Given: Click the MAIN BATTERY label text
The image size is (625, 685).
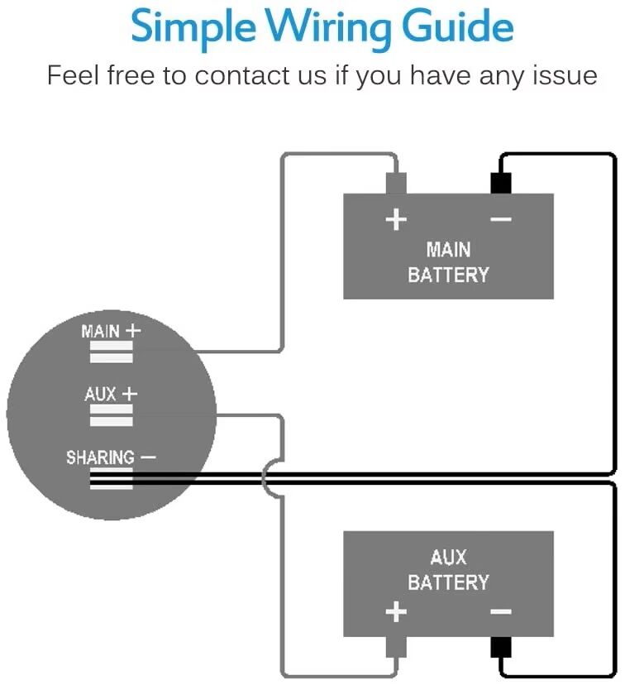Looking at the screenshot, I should pos(448,261).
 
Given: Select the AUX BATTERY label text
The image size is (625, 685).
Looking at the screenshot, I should pos(448,570).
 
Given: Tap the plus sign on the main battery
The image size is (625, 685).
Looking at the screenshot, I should pos(397,220).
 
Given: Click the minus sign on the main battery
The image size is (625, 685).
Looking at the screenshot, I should pos(500,220).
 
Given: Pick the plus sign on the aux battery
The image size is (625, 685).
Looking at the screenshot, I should pos(397,613).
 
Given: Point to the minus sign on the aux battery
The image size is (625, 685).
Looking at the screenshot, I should pos(500,613).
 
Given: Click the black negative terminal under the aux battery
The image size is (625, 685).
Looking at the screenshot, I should pos(500,649).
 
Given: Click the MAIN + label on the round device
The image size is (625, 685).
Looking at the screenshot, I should pos(111,331).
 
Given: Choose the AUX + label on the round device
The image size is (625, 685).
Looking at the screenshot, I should pos(110,394).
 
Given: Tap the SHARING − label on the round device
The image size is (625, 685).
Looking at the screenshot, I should pos(111,457).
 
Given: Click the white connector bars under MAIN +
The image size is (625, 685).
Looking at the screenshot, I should pos(111,353).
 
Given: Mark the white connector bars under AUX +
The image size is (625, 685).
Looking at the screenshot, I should pos(111,415).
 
